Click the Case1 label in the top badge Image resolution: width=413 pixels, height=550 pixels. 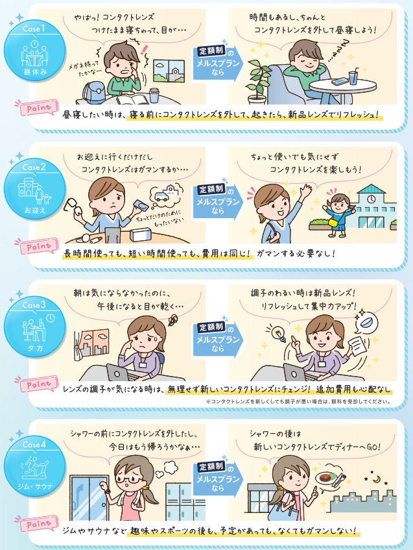click(x=32, y=30)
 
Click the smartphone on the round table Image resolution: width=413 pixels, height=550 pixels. click(x=340, y=82)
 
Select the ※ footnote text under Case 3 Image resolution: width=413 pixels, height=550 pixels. click(x=298, y=401)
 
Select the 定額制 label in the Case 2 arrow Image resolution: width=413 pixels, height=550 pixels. click(x=211, y=189)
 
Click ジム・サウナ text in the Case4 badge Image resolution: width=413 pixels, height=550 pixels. click(x=32, y=484)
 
